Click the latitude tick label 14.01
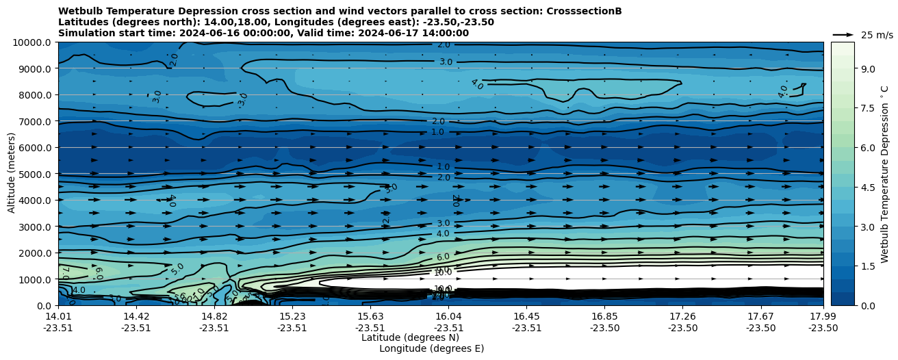coord(58,316)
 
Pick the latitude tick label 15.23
coord(292,316)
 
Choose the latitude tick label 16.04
coord(448,316)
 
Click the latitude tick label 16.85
coord(604,316)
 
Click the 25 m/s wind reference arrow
coord(843,34)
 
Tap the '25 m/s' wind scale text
coord(876,35)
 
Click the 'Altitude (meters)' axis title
coord(12,173)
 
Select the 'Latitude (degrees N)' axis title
coord(410,337)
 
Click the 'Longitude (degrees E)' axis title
coord(431,348)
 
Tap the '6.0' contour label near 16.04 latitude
coord(443,257)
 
